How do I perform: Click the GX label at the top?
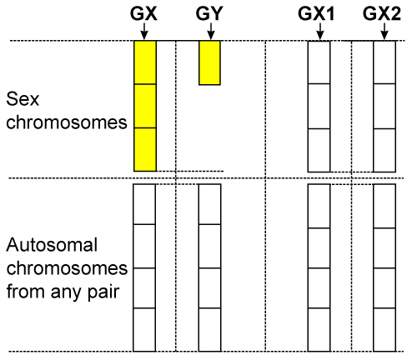(x=143, y=13)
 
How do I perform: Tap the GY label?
(x=209, y=13)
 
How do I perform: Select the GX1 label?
(x=316, y=13)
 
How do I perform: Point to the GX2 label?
(x=382, y=13)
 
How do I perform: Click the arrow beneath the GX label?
(x=143, y=31)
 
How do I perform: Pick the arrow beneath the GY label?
(x=211, y=31)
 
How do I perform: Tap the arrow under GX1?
(x=320, y=31)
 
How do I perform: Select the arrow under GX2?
(x=384, y=31)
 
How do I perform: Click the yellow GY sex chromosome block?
(x=209, y=62)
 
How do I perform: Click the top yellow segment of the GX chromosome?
(x=145, y=62)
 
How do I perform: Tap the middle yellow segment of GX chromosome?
(x=145, y=106)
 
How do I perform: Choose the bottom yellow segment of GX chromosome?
(x=145, y=149)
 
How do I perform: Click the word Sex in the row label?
(x=23, y=99)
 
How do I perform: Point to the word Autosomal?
(x=52, y=245)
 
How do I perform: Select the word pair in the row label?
(x=103, y=292)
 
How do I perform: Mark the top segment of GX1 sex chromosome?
(x=319, y=62)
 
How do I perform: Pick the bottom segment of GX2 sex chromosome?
(x=384, y=150)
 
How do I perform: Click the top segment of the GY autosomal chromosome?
(x=210, y=204)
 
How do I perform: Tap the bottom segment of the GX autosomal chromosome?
(x=144, y=330)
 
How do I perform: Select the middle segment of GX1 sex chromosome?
(x=319, y=106)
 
